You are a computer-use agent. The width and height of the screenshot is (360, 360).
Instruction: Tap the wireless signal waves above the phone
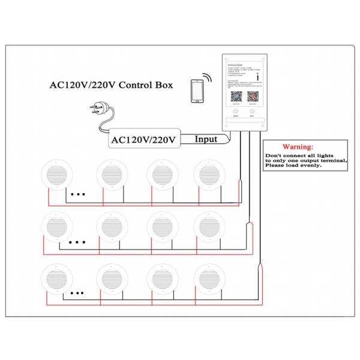(x=207, y=77)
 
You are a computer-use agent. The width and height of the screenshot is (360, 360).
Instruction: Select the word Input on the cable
(x=206, y=139)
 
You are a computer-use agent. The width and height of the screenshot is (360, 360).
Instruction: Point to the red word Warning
(x=298, y=146)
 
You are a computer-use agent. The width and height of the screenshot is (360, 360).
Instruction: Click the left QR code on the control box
(x=236, y=95)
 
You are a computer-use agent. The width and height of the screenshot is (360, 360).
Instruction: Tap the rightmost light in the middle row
(x=209, y=227)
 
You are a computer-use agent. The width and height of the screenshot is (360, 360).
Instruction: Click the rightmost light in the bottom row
(x=209, y=278)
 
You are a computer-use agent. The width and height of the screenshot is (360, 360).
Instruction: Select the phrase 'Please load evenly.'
(x=293, y=165)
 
